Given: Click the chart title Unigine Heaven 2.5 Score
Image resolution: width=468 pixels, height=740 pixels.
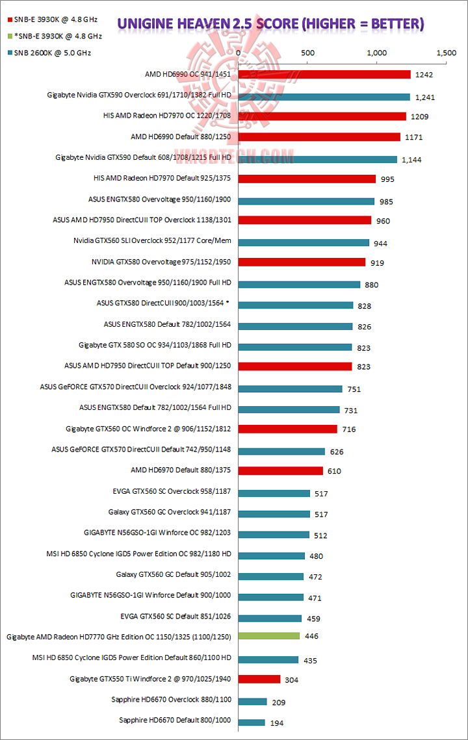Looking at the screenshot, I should (270, 25).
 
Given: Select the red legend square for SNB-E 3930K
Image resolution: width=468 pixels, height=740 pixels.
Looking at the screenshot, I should (8, 20).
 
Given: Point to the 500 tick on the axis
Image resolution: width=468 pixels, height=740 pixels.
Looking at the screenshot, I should (308, 53).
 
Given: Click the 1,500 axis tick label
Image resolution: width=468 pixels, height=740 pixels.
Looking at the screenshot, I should (446, 53).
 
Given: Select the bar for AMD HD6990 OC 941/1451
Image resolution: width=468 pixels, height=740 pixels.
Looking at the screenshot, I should (324, 75).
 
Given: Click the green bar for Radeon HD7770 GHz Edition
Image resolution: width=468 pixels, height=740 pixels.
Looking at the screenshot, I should (269, 636).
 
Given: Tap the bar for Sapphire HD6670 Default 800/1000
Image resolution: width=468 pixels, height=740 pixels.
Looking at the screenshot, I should (252, 722).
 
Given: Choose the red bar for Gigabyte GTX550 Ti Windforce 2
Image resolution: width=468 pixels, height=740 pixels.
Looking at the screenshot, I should (259, 679).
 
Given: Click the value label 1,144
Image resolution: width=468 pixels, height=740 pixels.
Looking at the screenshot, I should (411, 160).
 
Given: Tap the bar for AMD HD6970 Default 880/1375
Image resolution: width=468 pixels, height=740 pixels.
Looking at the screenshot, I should (281, 470).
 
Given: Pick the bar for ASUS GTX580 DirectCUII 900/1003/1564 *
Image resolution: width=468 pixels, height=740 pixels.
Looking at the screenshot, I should (296, 305).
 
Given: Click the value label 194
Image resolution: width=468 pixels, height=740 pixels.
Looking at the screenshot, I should (277, 722).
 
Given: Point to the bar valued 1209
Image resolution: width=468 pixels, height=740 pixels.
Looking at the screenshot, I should (322, 116).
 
